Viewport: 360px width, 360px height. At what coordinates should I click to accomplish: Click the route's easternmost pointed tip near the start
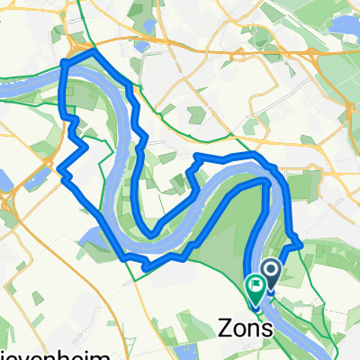(300, 242)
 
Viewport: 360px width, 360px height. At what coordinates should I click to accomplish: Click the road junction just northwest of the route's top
(76, 41)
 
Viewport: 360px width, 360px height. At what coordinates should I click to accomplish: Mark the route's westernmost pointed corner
(59, 169)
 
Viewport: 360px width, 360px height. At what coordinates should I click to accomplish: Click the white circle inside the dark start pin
(270, 267)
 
